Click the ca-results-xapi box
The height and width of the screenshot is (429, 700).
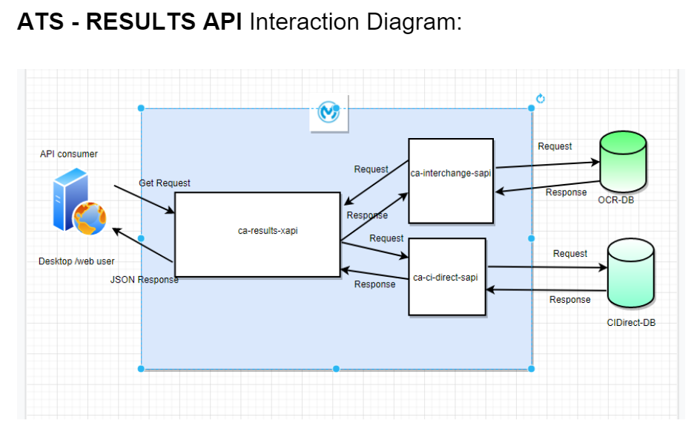click(257, 235)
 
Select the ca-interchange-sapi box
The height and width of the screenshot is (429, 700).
click(451, 180)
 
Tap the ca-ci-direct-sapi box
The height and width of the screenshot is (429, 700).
click(447, 277)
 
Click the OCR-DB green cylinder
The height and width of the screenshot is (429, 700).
click(622, 161)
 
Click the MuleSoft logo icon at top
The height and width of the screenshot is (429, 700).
click(328, 112)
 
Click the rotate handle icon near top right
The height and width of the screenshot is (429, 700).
click(541, 99)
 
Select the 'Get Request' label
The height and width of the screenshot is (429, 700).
click(165, 183)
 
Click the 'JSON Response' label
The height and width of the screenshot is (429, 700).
click(144, 280)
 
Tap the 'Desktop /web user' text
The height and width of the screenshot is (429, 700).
click(76, 261)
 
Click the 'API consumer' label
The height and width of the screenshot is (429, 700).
click(69, 154)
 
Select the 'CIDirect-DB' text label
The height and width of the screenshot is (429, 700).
click(631, 322)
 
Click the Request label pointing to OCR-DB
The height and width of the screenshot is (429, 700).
click(555, 146)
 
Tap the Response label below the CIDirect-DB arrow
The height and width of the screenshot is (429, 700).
click(569, 299)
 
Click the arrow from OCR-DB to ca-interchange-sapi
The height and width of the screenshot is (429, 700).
click(547, 186)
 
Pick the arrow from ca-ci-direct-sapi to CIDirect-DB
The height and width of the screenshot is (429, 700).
click(547, 267)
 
